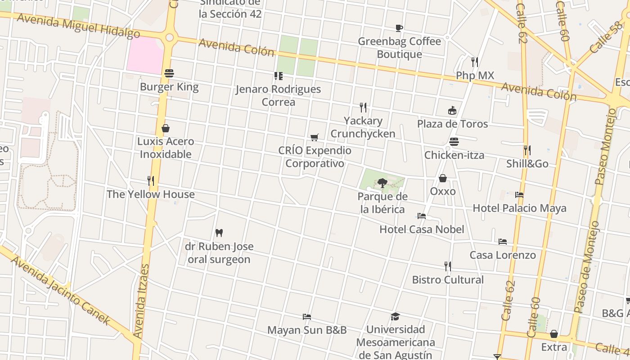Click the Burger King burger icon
tap(169, 73)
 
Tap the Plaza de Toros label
tap(452, 124)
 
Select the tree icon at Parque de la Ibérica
tap(382, 183)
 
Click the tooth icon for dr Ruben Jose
tap(219, 233)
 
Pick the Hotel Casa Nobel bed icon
tap(422, 216)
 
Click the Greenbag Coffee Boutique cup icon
tap(399, 28)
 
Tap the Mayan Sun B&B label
tap(307, 330)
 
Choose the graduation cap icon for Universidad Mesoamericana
tap(395, 316)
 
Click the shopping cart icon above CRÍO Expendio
tap(315, 137)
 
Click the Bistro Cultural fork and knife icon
tap(448, 266)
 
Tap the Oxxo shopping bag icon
tap(443, 178)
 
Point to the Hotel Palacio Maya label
tap(519, 208)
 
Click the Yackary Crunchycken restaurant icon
tap(363, 107)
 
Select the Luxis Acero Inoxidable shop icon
tap(166, 128)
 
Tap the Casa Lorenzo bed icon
tap(503, 242)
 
